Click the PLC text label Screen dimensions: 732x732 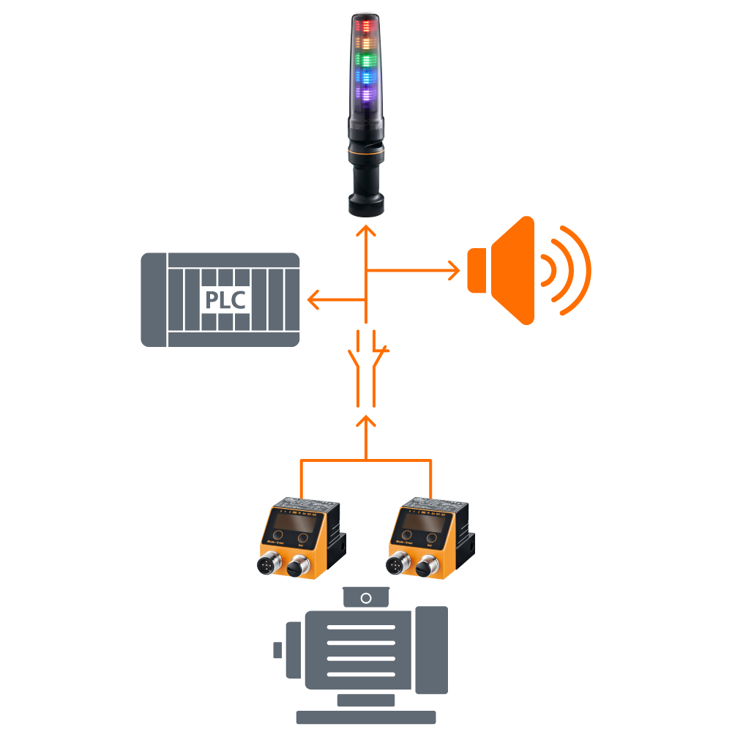(225, 300)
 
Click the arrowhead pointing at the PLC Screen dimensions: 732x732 (313, 299)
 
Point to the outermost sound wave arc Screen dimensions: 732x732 (578, 271)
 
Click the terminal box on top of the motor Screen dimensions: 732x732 (366, 597)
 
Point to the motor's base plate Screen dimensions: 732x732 (365, 717)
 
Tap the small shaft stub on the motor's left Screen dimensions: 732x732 (277, 649)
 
